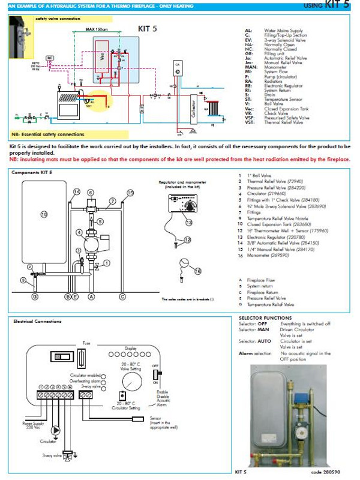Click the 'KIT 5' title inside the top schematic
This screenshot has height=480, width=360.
146,28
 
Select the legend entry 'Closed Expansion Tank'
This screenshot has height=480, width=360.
283,109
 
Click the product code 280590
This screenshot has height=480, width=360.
334,473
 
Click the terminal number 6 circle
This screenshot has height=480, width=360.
70,388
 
